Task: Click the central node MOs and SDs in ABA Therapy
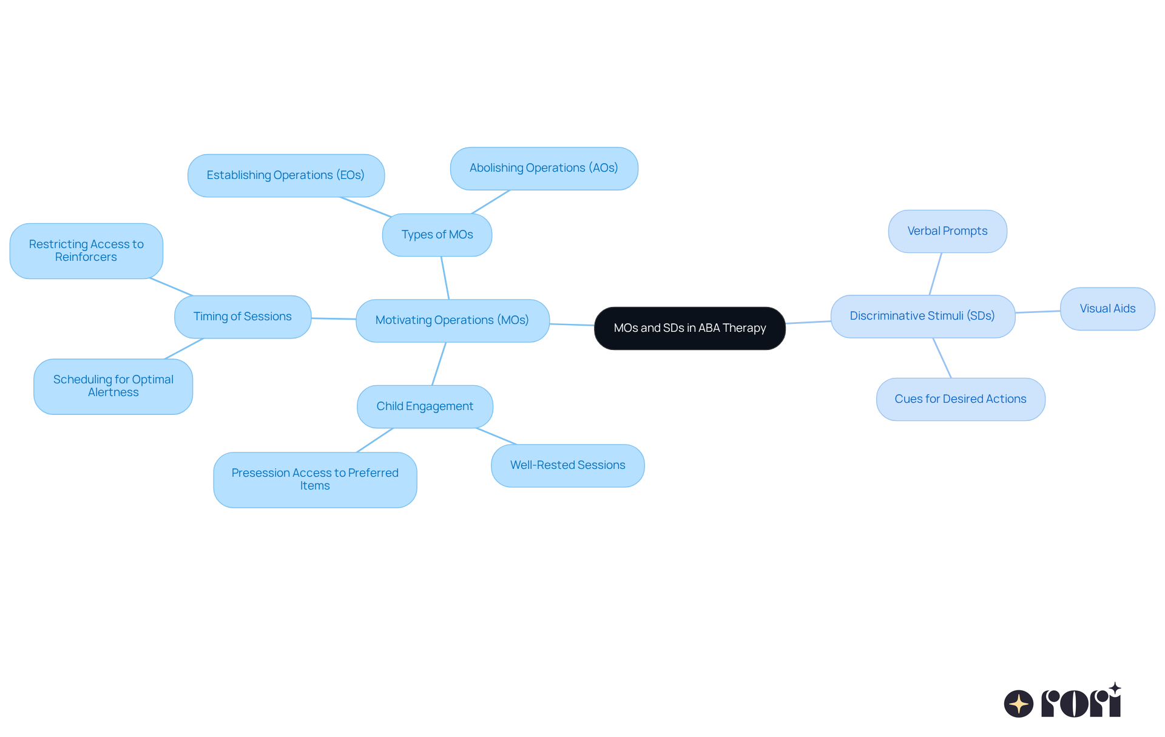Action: coord(689,328)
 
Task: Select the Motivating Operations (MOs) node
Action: coord(452,320)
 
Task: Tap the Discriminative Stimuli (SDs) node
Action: coord(922,316)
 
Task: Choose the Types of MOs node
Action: coord(437,235)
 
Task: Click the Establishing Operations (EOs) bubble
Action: coord(286,175)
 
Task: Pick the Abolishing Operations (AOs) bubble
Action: coord(544,168)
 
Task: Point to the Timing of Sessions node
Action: coord(243,317)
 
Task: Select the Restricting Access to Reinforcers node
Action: coord(86,251)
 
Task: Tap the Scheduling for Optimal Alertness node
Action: coord(113,386)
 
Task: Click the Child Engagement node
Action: coord(425,406)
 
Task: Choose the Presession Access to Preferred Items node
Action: coord(315,479)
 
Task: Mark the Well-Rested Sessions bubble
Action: coord(567,465)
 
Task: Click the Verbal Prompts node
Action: coord(947,231)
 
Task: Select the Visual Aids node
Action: coord(1107,309)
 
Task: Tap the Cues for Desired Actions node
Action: coord(961,399)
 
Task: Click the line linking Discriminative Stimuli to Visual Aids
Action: coord(1038,312)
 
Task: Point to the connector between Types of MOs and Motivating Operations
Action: coord(445,278)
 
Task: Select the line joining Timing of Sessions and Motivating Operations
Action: coord(334,318)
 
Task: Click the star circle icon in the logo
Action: coord(1019,704)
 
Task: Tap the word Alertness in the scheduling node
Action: coord(113,392)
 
